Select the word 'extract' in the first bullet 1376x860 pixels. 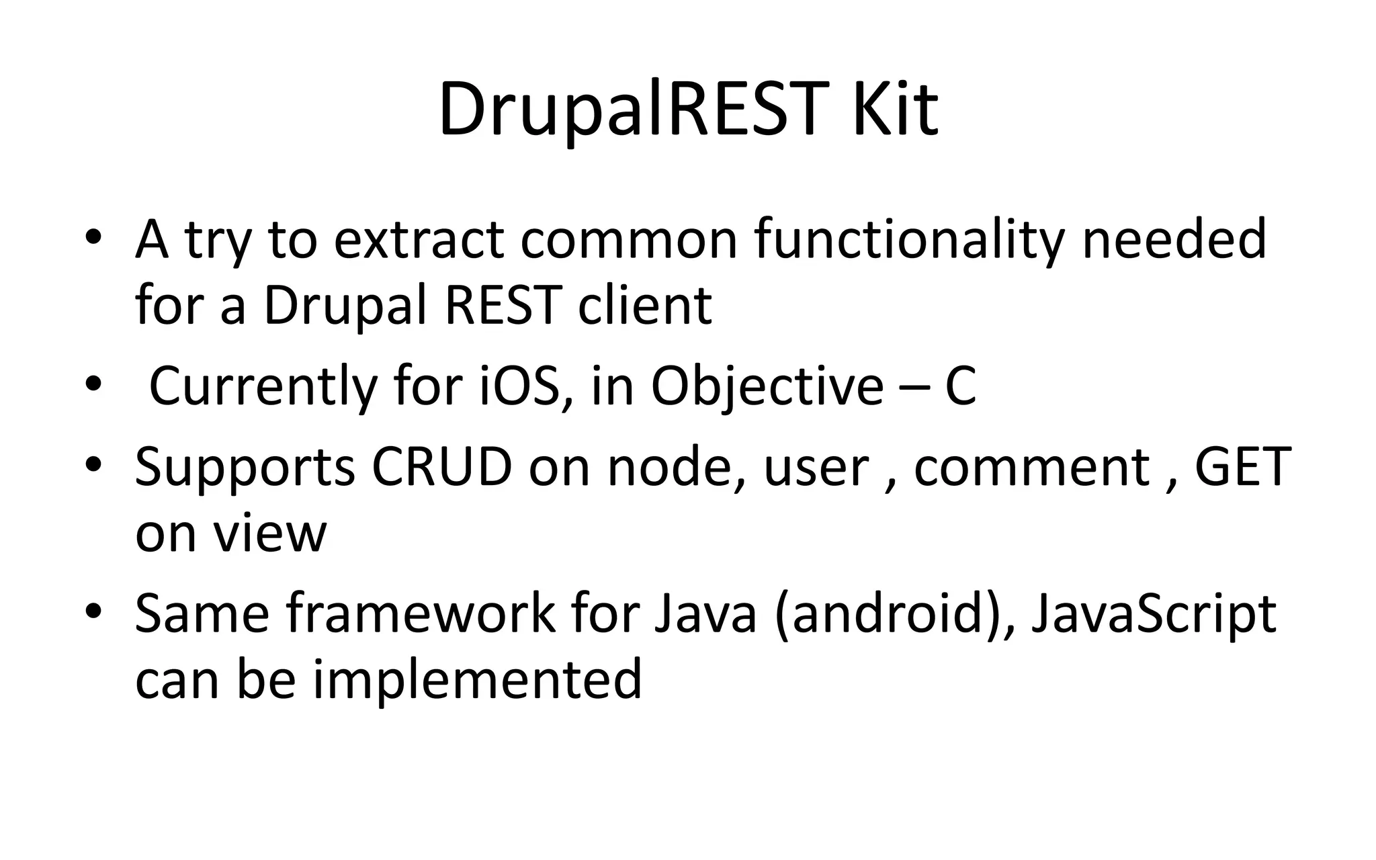[x=419, y=240]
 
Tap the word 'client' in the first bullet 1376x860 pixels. [x=644, y=306]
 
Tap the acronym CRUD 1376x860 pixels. [x=441, y=467]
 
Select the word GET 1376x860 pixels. [x=1242, y=467]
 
